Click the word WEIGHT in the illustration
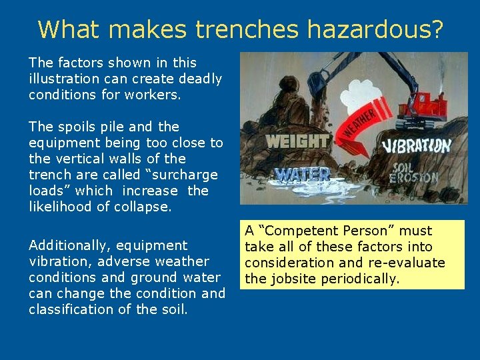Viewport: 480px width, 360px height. [297, 141]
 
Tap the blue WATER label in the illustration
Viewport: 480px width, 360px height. [303, 175]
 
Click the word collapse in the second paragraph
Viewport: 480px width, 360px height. [143, 207]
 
